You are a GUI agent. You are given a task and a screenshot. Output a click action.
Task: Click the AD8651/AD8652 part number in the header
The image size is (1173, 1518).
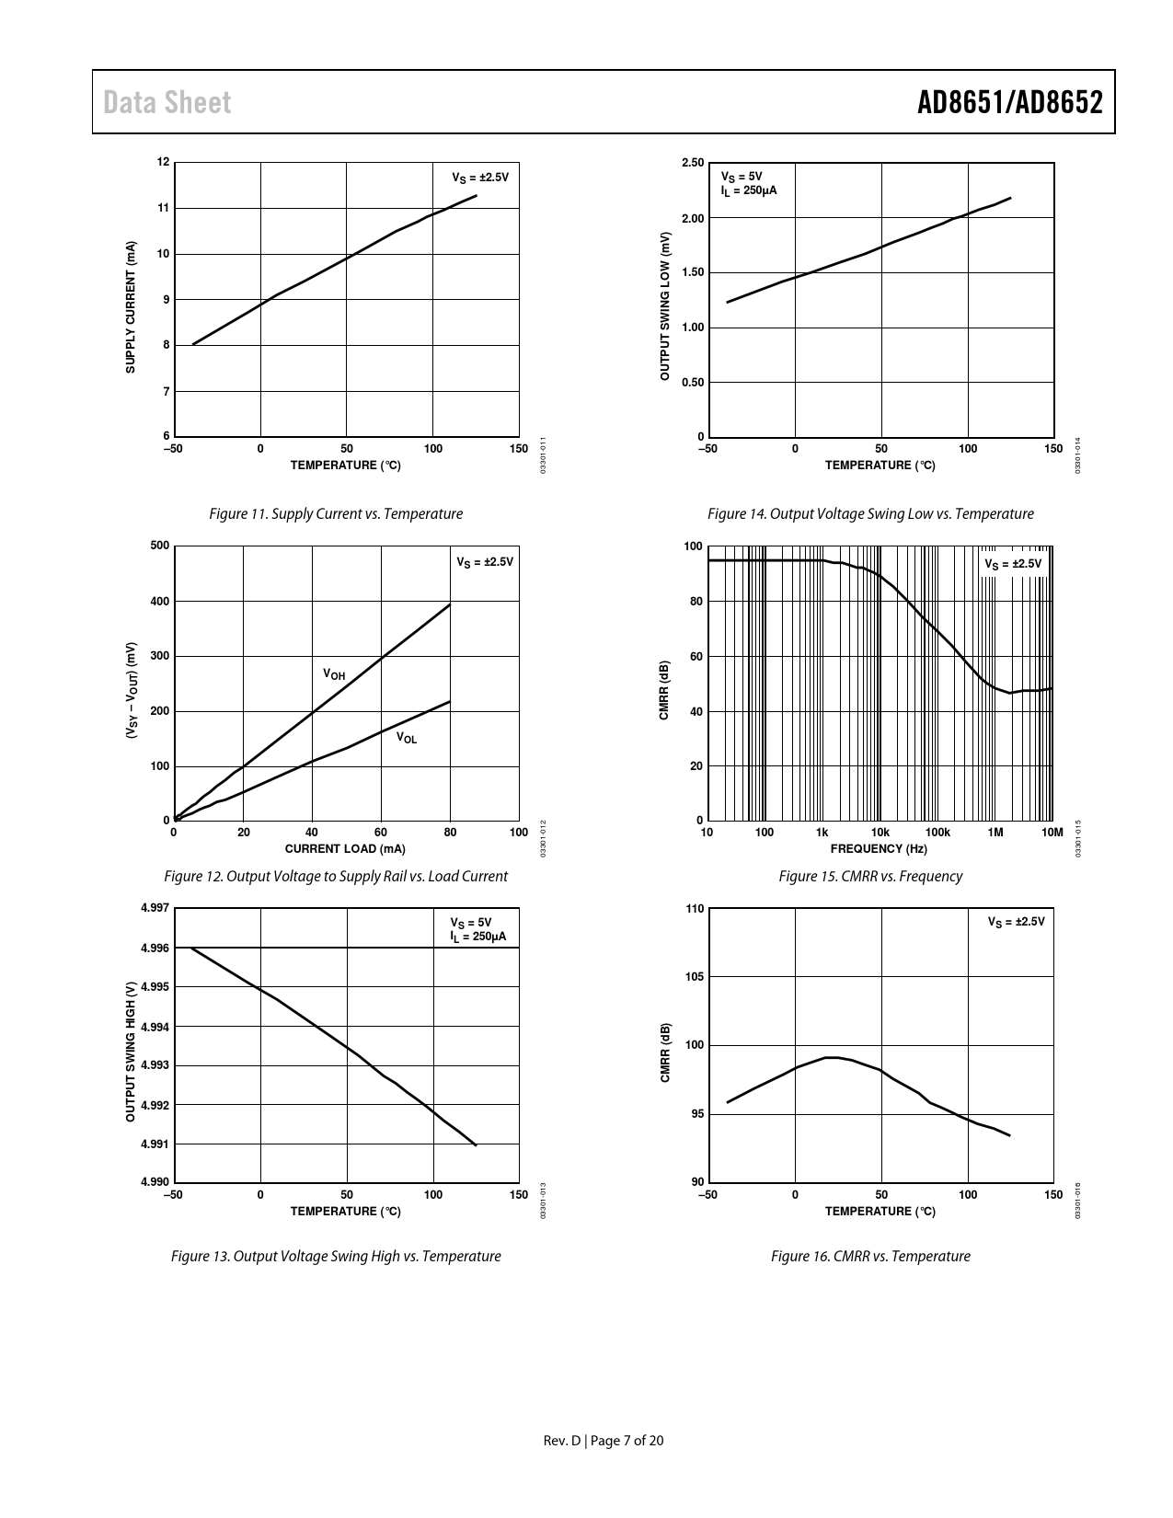[1009, 102]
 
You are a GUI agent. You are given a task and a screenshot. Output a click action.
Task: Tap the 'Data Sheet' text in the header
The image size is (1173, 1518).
[167, 102]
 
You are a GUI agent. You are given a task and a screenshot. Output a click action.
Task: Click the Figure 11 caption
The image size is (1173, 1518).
[336, 514]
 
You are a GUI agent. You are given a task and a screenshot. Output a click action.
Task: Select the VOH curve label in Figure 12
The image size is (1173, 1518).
[334, 674]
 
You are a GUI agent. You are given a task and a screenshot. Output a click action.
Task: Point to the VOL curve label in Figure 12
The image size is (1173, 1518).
[407, 738]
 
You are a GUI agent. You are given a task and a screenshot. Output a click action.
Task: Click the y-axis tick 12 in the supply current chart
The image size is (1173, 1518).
[164, 163]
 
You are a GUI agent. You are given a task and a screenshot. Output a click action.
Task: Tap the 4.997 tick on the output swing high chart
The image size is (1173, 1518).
[155, 909]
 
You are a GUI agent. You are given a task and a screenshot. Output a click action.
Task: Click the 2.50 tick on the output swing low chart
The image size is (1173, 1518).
[693, 163]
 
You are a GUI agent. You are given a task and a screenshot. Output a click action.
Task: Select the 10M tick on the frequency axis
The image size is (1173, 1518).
[1052, 833]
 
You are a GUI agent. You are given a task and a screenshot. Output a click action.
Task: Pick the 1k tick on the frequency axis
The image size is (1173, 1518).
[822, 833]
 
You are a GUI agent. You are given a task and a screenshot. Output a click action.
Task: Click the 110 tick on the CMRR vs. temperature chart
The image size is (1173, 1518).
[695, 909]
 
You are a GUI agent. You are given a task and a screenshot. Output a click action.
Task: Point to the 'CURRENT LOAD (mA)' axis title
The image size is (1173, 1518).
[345, 848]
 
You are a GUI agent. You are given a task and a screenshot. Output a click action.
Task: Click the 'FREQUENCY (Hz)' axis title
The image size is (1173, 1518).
[879, 848]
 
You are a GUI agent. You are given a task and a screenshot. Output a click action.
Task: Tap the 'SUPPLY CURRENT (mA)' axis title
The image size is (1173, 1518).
[131, 307]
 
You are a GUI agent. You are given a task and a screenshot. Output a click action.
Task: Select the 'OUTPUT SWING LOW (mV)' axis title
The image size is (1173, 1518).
[664, 306]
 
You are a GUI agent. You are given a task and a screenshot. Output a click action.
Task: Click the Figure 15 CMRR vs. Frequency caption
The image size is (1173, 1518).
[870, 877]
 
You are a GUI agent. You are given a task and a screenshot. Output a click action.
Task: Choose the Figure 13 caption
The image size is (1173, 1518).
[336, 1257]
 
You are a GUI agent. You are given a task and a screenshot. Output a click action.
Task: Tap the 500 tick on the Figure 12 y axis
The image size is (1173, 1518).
[159, 546]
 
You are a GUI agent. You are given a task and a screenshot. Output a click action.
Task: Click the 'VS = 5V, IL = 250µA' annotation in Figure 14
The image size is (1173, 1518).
[748, 183]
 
